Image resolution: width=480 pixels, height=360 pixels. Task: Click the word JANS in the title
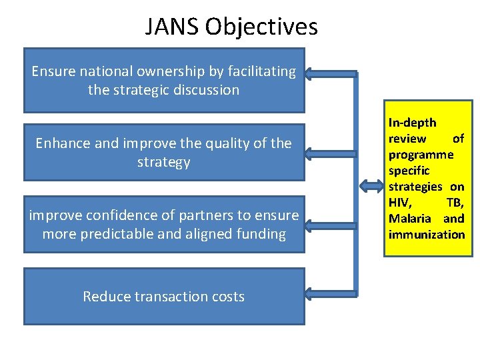[x=173, y=27]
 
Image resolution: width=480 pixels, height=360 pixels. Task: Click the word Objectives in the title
[x=261, y=27]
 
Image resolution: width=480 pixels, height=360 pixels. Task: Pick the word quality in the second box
[x=229, y=143]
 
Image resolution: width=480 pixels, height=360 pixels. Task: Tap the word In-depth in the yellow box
[x=412, y=123]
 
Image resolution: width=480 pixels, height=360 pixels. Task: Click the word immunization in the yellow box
[x=427, y=235]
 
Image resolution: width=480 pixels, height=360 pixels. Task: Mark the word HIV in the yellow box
[x=400, y=203]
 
